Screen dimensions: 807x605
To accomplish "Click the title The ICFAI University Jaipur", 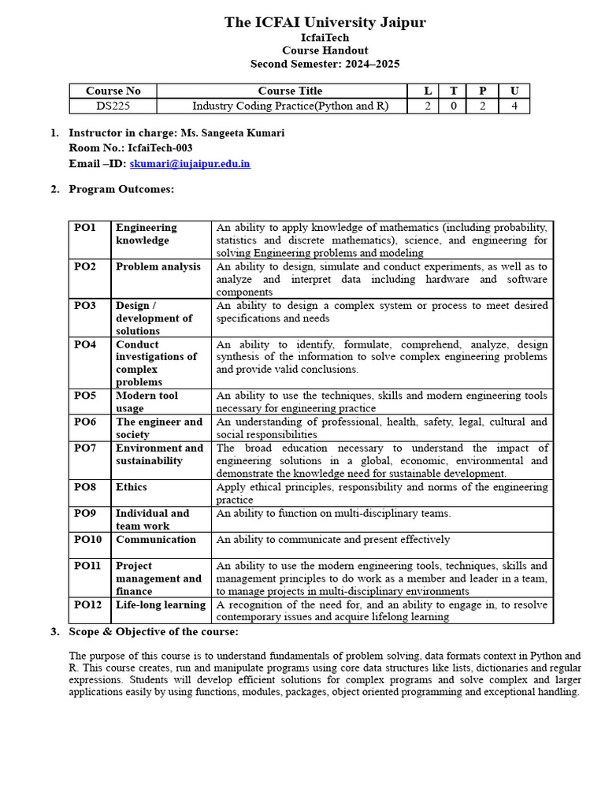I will tap(325, 22).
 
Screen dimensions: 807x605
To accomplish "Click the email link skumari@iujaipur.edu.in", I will tap(190, 164).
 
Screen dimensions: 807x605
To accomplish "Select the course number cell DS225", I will tap(113, 106).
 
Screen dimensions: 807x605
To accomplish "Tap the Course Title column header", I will tap(290, 91).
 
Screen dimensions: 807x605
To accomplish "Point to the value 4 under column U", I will tap(514, 106).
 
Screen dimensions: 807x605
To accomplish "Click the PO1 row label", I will tap(85, 228).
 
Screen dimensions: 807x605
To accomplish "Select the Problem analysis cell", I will tap(158, 266).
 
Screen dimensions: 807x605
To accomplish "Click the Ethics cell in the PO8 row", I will tap(132, 487).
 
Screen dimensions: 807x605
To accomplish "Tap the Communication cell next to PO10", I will tap(156, 539).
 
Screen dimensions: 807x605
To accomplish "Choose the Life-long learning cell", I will tap(161, 604).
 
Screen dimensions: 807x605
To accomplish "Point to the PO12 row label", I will tap(88, 604).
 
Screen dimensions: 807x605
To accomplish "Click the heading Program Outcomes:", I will tap(121, 189).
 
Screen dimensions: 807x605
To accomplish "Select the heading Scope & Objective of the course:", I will tap(154, 632).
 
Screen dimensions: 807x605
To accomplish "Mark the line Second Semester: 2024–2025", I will tap(325, 64).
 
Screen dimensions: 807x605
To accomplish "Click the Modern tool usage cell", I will tap(147, 402).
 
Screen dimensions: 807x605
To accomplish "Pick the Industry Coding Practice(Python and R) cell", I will tap(291, 106).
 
